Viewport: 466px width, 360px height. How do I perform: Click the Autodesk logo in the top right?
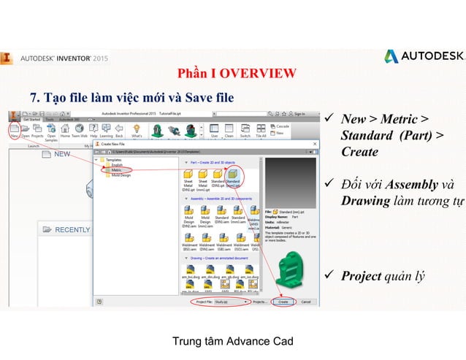point(424,56)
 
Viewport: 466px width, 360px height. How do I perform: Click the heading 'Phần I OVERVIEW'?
point(237,73)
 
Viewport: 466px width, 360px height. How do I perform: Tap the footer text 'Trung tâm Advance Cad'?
point(232,341)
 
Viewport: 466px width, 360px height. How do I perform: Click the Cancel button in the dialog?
point(306,301)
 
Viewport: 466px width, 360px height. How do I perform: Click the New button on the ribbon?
point(15,131)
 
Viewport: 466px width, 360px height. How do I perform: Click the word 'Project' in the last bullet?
point(361,275)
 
